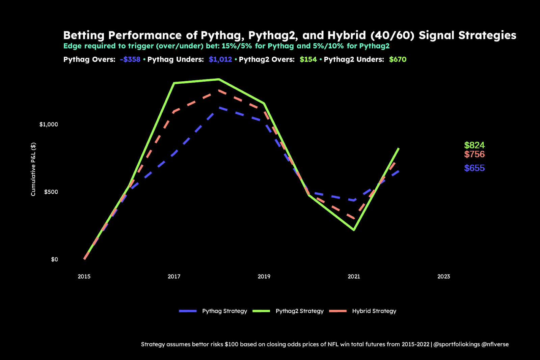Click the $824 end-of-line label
pyautogui.click(x=474, y=145)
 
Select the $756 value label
pyautogui.click(x=474, y=154)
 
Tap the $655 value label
pyautogui.click(x=474, y=168)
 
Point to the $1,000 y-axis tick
pyautogui.click(x=49, y=124)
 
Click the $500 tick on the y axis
pyautogui.click(x=51, y=192)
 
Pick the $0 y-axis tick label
pyautogui.click(x=54, y=259)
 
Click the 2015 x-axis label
pyautogui.click(x=84, y=277)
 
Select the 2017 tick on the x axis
pyautogui.click(x=174, y=277)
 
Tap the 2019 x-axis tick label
pyautogui.click(x=264, y=277)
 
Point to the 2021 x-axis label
pyautogui.click(x=354, y=277)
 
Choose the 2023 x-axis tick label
pyautogui.click(x=443, y=277)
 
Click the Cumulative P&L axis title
pyautogui.click(x=33, y=169)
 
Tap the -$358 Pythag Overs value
pyautogui.click(x=130, y=59)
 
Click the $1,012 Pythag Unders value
pyautogui.click(x=220, y=59)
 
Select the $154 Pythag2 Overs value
pyautogui.click(x=308, y=59)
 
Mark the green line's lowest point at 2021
pyautogui.click(x=354, y=230)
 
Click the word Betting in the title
pyautogui.click(x=84, y=35)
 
